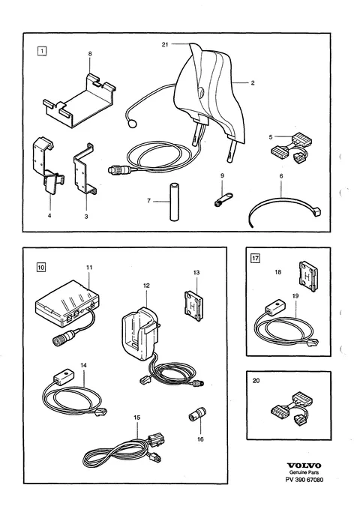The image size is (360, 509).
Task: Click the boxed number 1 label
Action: [x=42, y=51]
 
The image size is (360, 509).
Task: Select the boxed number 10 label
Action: [x=41, y=268]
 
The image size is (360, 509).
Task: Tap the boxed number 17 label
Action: [x=256, y=259]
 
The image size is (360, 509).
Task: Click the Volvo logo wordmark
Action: [x=304, y=466]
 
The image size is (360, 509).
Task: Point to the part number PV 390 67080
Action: [x=304, y=480]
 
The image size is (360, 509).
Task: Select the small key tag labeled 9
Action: [x=223, y=199]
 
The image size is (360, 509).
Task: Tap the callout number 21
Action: [x=165, y=44]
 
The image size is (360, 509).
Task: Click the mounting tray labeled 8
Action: [x=79, y=101]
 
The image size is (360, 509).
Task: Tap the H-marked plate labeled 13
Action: [x=193, y=306]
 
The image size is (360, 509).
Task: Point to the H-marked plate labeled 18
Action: [x=308, y=277]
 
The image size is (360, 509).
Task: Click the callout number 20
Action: [x=256, y=381]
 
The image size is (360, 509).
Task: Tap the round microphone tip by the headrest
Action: [x=132, y=124]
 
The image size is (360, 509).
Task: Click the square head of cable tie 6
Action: [x=316, y=212]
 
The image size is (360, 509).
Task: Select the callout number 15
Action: [x=136, y=417]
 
